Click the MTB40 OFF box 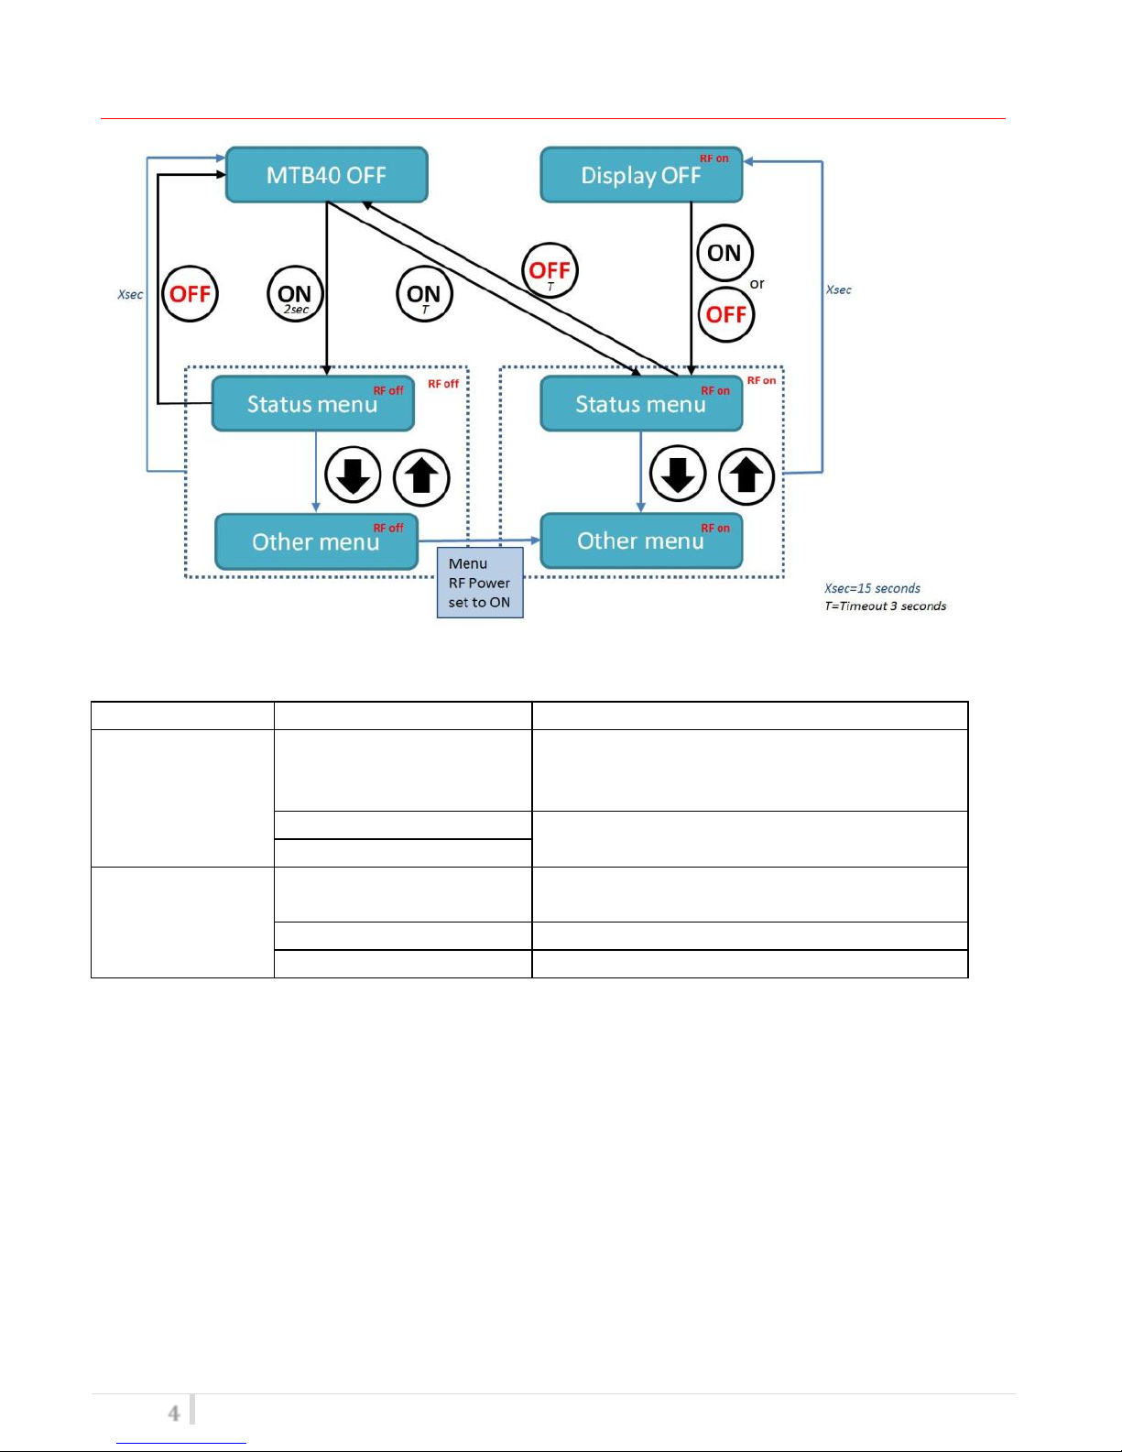(x=326, y=175)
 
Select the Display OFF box (x=641, y=175)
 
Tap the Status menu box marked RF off (x=312, y=404)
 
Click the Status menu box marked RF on (x=641, y=404)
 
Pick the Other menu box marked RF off (x=316, y=541)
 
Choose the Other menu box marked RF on (x=641, y=540)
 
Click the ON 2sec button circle (x=295, y=294)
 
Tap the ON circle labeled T (x=424, y=294)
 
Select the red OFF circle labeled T (x=550, y=270)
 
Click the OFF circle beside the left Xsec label (x=191, y=294)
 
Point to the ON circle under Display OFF (x=724, y=253)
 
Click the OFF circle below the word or (x=726, y=315)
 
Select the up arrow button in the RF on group (x=746, y=476)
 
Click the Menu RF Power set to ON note (x=480, y=583)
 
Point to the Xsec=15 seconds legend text (x=872, y=588)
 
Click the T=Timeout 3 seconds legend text (x=885, y=606)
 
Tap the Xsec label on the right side (x=838, y=289)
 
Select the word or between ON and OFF (x=757, y=284)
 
